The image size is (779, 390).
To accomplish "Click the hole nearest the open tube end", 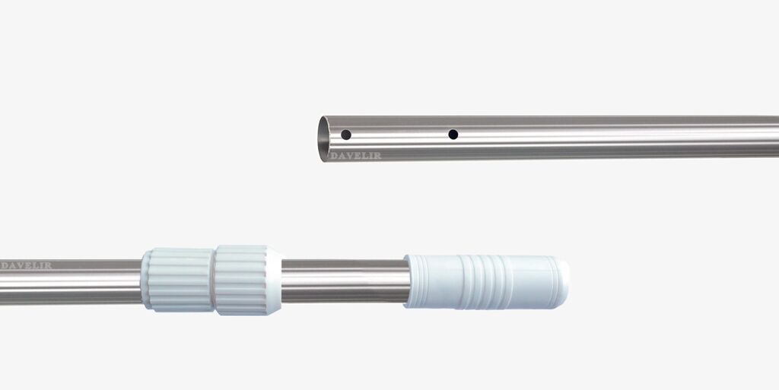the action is point(346,135).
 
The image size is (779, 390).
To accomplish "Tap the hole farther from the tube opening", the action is point(453,134).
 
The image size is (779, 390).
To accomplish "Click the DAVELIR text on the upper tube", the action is point(356,156).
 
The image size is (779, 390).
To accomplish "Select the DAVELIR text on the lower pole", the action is point(26,265).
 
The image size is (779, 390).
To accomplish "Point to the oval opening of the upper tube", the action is point(323,139).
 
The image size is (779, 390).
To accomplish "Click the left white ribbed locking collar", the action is point(177,280).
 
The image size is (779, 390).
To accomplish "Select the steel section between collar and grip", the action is point(345,281).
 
